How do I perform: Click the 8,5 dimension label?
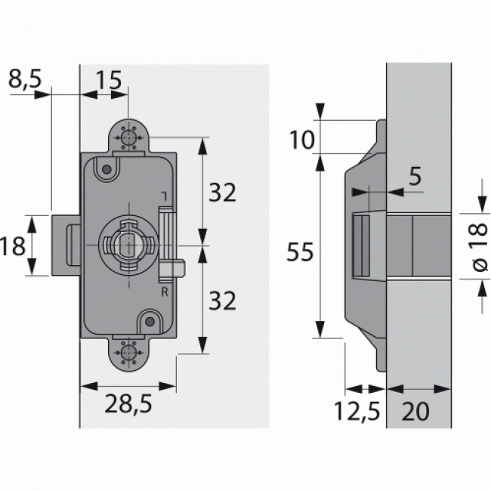pos(25,79)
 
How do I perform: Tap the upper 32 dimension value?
pos(222,193)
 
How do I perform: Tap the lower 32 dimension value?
pos(222,301)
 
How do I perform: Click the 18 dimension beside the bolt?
pos(14,245)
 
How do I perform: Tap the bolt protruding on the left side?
pos(65,246)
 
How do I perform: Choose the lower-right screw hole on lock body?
pos(150,323)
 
